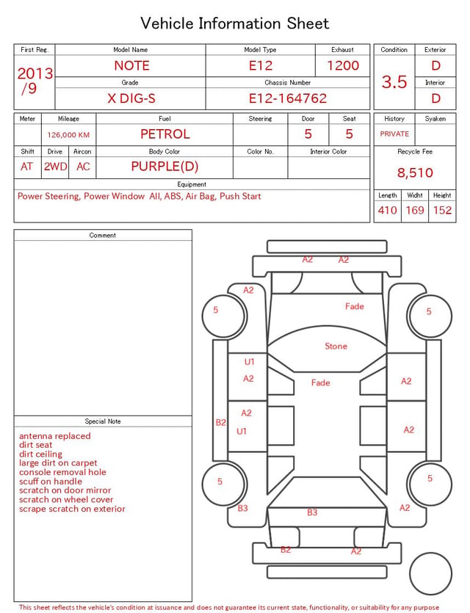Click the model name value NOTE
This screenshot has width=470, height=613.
(131, 65)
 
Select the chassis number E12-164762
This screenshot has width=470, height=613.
(288, 98)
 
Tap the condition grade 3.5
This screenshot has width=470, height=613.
(394, 82)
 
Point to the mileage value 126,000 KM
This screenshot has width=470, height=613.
(68, 135)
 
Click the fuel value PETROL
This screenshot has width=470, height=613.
(165, 134)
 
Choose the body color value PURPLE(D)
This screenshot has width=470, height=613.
(164, 167)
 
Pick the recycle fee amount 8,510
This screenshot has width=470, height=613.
(415, 173)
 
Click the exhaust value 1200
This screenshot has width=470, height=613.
(343, 65)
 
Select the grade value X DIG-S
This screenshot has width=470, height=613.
(131, 98)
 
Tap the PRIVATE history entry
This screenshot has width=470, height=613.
(394, 134)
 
